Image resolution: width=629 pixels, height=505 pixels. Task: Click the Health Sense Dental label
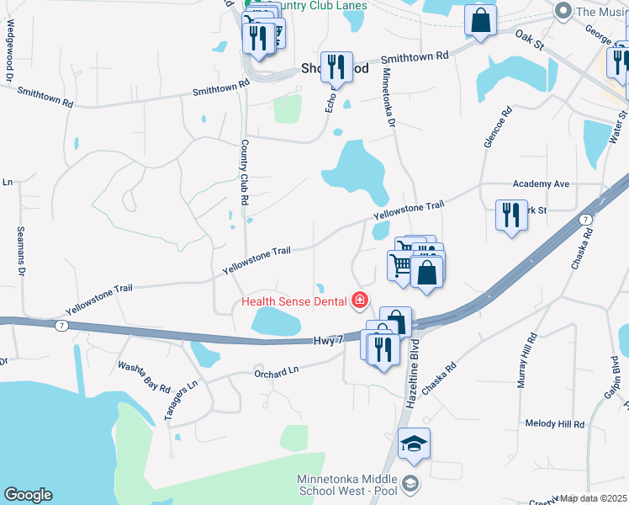pyautogui.click(x=295, y=300)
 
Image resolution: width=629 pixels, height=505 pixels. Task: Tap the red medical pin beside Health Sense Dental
pyautogui.click(x=360, y=300)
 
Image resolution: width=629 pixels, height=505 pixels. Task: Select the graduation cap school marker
pyautogui.click(x=414, y=444)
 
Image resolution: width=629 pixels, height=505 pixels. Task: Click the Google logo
pyautogui.click(x=28, y=495)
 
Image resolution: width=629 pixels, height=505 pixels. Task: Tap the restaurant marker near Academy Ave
pyautogui.click(x=511, y=215)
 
